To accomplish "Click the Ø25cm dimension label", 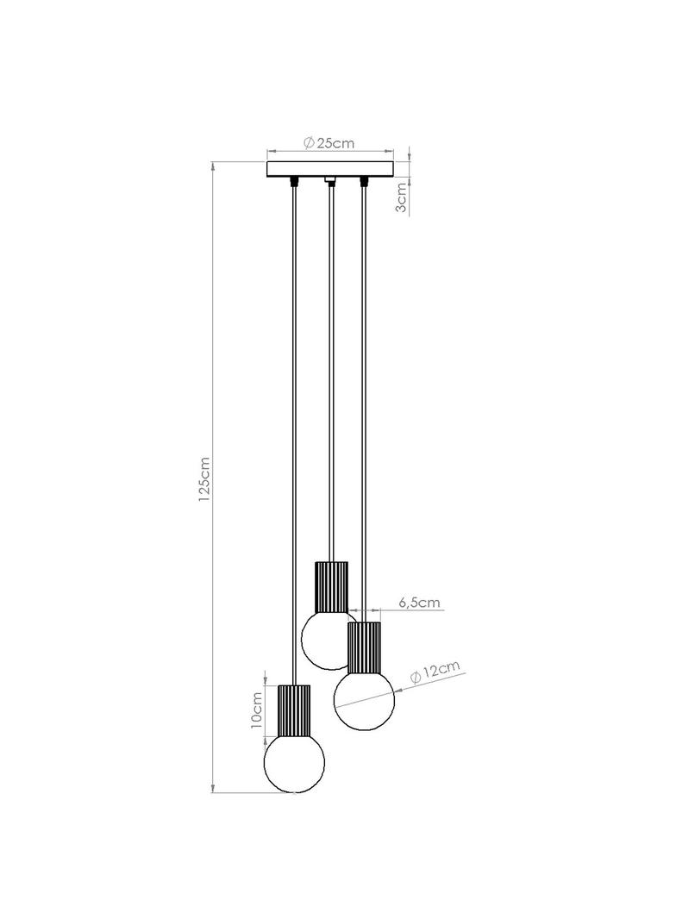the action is pos(329,142).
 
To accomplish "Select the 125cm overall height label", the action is pos(203,480).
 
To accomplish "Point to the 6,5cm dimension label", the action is pos(419,602).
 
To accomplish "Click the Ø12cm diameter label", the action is pos(435,672).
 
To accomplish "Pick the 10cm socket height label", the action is pos(256,710).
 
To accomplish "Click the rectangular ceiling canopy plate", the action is pos(329,169).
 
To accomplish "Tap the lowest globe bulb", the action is pos(294,762).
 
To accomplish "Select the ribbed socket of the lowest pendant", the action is pos(294,710).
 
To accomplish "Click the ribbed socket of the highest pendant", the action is pos(331,586).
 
